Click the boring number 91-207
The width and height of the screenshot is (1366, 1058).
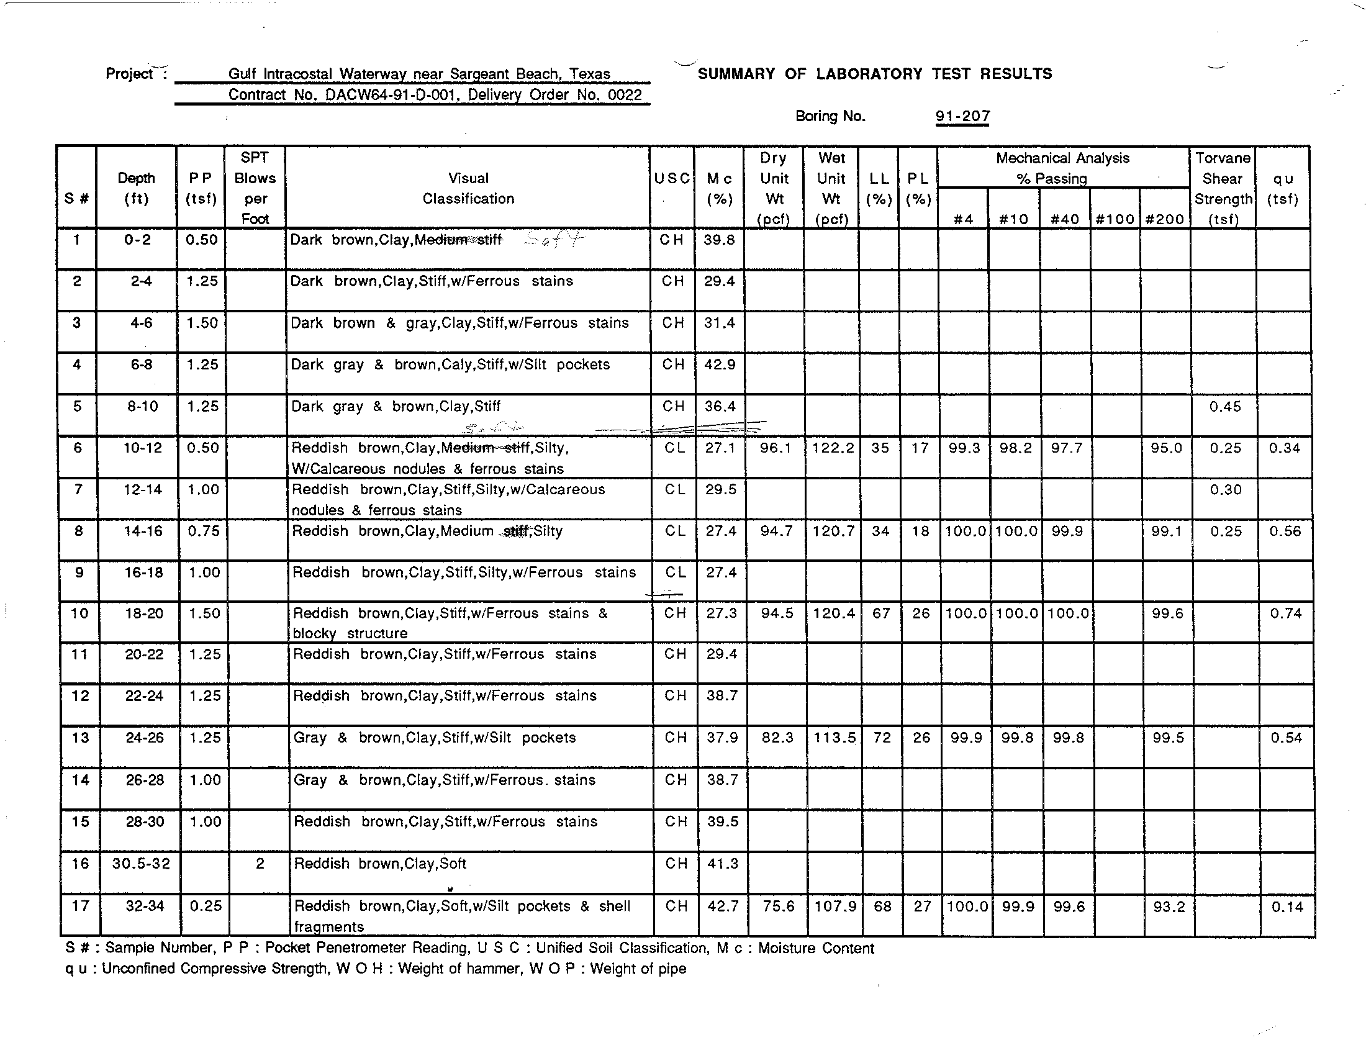click(962, 116)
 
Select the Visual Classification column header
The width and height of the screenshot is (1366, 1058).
click(468, 188)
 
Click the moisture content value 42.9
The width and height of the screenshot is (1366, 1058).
click(719, 364)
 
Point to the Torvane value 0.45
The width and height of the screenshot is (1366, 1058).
click(1224, 407)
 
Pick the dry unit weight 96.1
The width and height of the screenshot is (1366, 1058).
click(776, 448)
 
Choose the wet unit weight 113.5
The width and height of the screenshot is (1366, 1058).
click(835, 738)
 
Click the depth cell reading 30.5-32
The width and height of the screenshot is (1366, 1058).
click(141, 864)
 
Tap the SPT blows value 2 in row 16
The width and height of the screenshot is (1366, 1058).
click(260, 864)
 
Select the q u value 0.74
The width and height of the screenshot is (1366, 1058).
click(1285, 613)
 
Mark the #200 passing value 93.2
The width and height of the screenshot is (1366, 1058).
click(1169, 906)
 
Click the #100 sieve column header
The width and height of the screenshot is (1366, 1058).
click(1115, 219)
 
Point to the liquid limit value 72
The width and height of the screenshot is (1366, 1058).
click(882, 738)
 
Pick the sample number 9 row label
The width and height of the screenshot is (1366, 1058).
click(79, 572)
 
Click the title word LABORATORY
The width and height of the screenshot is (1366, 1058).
click(869, 74)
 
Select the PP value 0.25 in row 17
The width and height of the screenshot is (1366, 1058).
click(205, 906)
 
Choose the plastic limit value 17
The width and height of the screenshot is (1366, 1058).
click(920, 448)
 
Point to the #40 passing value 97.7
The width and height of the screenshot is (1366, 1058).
click(1065, 448)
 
